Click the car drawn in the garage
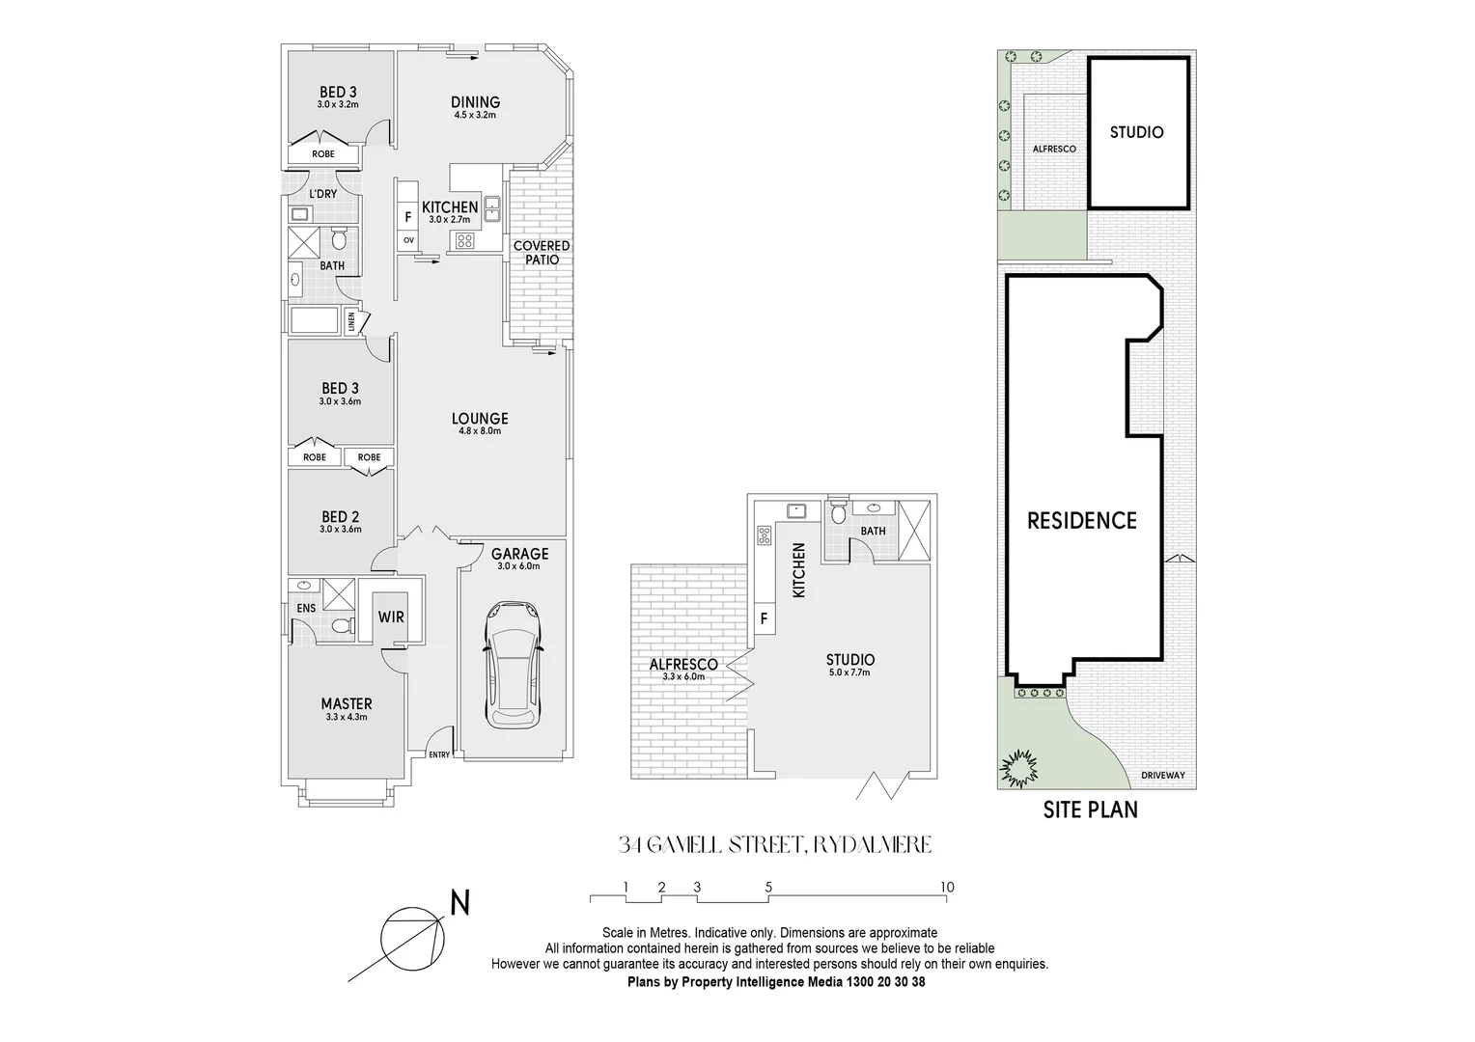(513, 664)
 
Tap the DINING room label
(475, 102)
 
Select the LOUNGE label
(480, 419)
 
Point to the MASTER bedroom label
(347, 704)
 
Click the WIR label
(391, 617)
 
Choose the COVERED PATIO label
(542, 253)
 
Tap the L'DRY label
(322, 194)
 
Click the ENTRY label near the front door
(439, 754)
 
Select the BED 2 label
(340, 517)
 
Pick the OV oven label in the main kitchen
(408, 240)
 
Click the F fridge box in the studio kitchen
(764, 618)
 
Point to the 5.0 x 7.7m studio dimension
(849, 672)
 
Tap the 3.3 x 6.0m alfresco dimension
(683, 677)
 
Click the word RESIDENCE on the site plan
(1081, 521)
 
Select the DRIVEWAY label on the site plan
(1161, 775)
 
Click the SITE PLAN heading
(1090, 809)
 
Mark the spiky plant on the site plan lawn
(1019, 769)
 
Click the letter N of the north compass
(460, 904)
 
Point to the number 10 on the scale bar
(946, 888)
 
